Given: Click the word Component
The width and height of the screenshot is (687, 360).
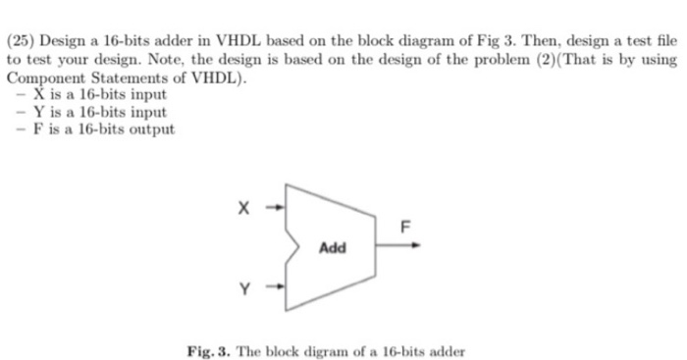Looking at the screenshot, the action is (x=43, y=77).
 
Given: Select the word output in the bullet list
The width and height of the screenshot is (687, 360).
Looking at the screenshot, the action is (x=152, y=129).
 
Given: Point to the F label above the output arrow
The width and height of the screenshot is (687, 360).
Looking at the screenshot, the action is (x=402, y=227).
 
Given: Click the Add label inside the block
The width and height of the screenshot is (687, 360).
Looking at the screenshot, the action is (x=333, y=247).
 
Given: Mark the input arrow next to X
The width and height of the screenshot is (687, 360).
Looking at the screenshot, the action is (x=277, y=207).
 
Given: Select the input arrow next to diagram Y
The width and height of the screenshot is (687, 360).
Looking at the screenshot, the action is (x=277, y=288).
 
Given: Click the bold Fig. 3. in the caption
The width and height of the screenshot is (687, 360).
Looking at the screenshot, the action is (x=212, y=350).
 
